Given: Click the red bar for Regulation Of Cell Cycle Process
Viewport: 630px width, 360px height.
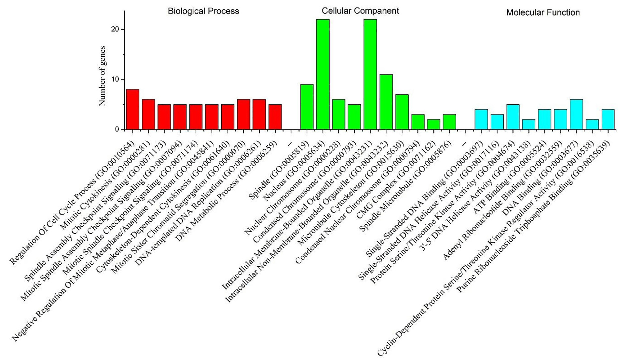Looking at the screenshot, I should (132, 109).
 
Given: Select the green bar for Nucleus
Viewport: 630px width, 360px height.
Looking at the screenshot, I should (323, 74).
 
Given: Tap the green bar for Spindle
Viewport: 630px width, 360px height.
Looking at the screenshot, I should (307, 107).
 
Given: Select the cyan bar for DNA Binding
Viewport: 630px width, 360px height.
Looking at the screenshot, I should (576, 114).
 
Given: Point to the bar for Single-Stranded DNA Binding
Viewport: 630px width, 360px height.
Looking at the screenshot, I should (481, 120).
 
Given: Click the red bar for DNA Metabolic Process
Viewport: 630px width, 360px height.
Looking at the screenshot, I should (275, 117).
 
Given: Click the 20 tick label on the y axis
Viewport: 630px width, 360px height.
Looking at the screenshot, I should (115, 29).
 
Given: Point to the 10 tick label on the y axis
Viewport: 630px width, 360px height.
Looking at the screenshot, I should (115, 80).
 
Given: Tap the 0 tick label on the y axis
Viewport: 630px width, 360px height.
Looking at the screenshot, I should (117, 130).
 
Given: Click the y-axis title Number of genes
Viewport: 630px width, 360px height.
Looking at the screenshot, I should (103, 76).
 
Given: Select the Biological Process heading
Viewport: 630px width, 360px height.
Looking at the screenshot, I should (203, 11).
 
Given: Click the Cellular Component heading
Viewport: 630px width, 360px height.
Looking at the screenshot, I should (360, 11).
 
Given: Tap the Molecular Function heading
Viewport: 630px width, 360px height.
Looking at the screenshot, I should (543, 13).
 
